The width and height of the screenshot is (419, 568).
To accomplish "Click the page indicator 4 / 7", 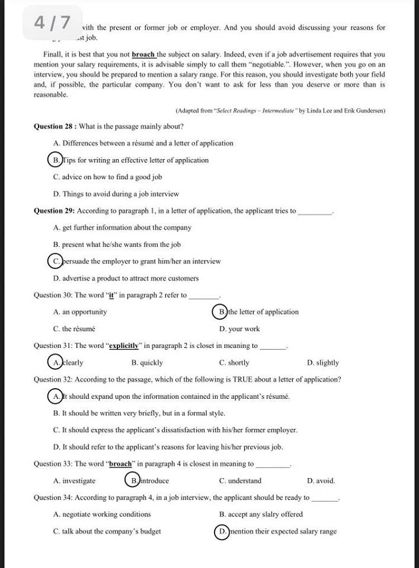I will [52, 22].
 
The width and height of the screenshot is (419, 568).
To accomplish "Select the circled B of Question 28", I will [55, 160].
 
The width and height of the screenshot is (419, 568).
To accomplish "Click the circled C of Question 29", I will [55, 261].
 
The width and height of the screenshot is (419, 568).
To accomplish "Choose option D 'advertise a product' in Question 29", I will [126, 278].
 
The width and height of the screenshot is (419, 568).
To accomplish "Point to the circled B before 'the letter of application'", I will [220, 312].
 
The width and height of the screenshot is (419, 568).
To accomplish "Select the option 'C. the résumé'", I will [74, 329].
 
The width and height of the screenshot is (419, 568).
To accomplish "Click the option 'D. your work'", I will [239, 329].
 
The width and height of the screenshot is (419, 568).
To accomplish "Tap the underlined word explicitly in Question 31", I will [124, 346].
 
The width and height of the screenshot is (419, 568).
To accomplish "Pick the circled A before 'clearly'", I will [55, 363].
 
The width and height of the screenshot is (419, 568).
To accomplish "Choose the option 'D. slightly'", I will [323, 363].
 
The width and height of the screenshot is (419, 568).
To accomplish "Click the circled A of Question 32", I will [55, 396].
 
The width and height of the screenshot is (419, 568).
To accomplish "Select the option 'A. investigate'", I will [74, 480].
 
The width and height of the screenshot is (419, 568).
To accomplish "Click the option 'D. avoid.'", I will [321, 480].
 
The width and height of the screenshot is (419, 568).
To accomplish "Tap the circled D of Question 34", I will [222, 531].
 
